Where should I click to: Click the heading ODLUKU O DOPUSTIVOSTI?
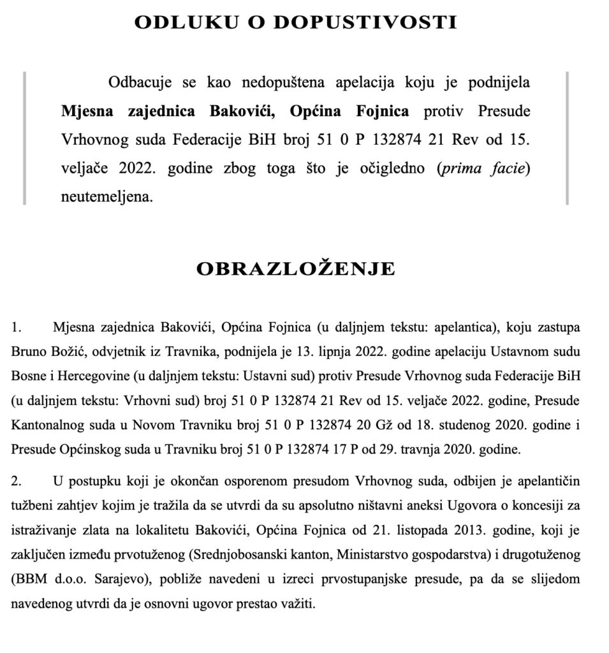tap(295, 23)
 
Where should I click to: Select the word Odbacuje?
tap(137, 84)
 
